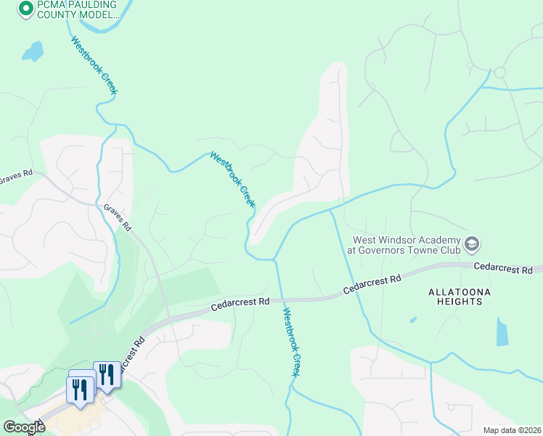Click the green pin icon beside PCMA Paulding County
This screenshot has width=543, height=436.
coord(25,9)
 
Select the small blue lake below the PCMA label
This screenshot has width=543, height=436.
coord(32,51)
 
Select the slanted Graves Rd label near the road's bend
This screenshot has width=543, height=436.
coord(117,217)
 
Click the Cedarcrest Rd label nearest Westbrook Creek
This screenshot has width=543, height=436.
coord(240,301)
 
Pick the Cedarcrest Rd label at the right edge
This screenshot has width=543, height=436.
coord(507,268)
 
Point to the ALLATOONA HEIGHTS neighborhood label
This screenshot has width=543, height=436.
coord(460,297)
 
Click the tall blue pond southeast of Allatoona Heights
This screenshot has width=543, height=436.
coord(502,331)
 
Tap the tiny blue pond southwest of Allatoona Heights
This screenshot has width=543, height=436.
coord(412,319)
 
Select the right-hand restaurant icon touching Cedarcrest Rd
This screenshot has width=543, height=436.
coord(107,374)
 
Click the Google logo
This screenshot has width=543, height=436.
coord(24,427)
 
